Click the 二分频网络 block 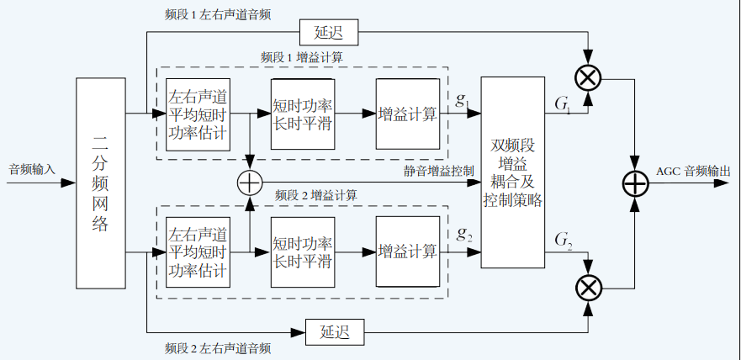(x=100, y=183)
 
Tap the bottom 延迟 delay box (x=334, y=331)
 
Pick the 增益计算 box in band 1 (x=408, y=114)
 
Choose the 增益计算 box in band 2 (x=408, y=251)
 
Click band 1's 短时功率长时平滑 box (x=303, y=114)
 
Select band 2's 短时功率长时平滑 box (x=303, y=251)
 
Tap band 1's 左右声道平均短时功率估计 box (x=198, y=114)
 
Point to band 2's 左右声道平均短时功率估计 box (x=198, y=251)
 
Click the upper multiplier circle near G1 (x=589, y=78)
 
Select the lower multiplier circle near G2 (x=589, y=288)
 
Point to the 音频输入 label (x=31, y=169)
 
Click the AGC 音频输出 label (x=693, y=170)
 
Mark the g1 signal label (x=463, y=100)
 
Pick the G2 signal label (x=564, y=240)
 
